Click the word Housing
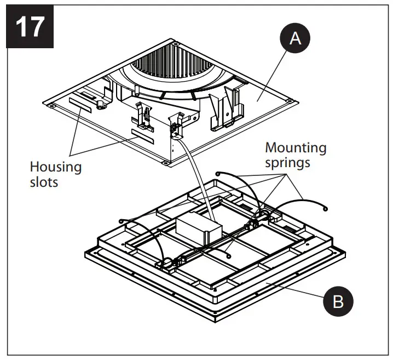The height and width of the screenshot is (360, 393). coord(55,167)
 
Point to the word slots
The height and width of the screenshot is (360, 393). coord(44,181)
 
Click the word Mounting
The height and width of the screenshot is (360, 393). coord(296,147)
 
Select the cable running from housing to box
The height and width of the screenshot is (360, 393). coord(197,181)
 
